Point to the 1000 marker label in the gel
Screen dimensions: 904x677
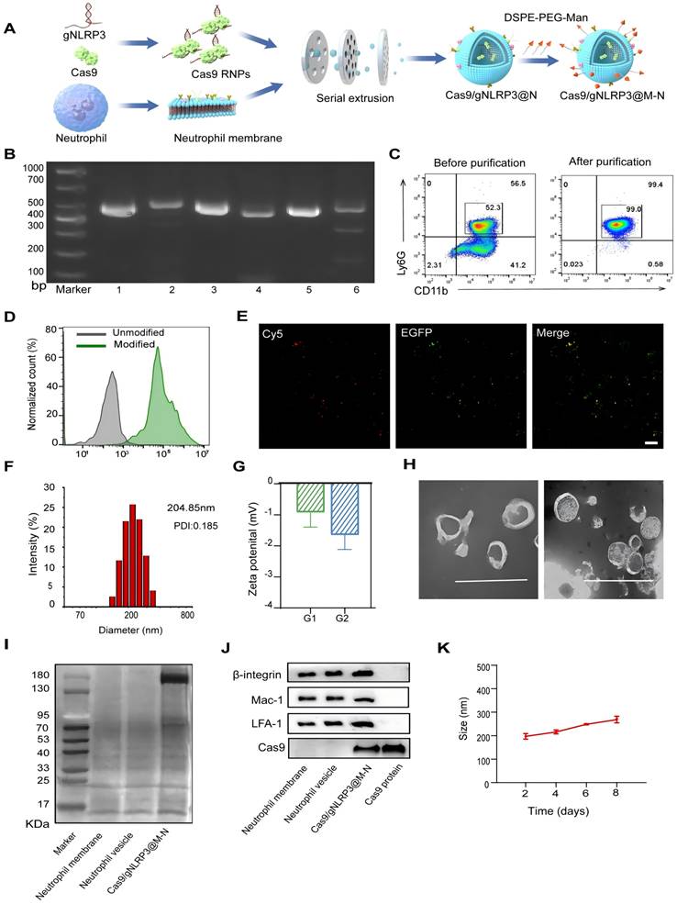click(x=34, y=168)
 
